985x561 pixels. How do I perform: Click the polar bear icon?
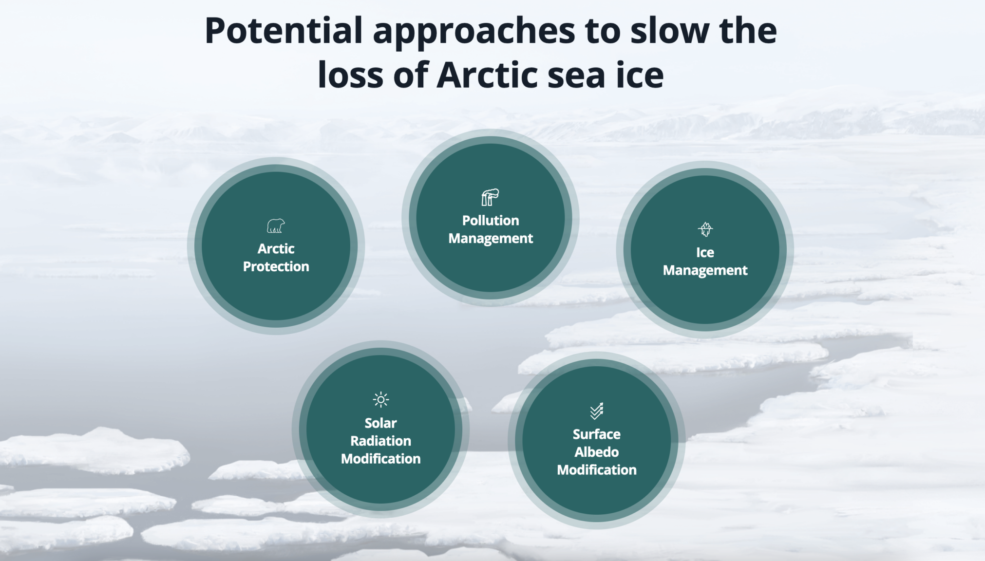276,226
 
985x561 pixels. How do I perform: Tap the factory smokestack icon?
490,197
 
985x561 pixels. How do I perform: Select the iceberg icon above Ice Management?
705,229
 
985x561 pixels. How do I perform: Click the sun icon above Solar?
380,400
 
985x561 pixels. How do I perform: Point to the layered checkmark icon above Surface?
597,411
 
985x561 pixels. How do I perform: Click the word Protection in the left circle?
276,266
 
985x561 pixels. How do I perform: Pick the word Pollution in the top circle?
491,221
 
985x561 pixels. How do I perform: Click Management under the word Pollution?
491,239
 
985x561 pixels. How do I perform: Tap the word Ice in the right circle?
705,252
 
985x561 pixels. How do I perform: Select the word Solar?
380,423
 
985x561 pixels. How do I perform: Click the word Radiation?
380,441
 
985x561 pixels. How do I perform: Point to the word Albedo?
597,452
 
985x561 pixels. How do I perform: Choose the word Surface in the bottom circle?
597,434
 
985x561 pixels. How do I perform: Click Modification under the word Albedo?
597,470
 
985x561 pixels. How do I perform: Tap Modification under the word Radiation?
380,459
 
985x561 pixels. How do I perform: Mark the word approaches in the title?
474,32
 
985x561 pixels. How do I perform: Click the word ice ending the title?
640,75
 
